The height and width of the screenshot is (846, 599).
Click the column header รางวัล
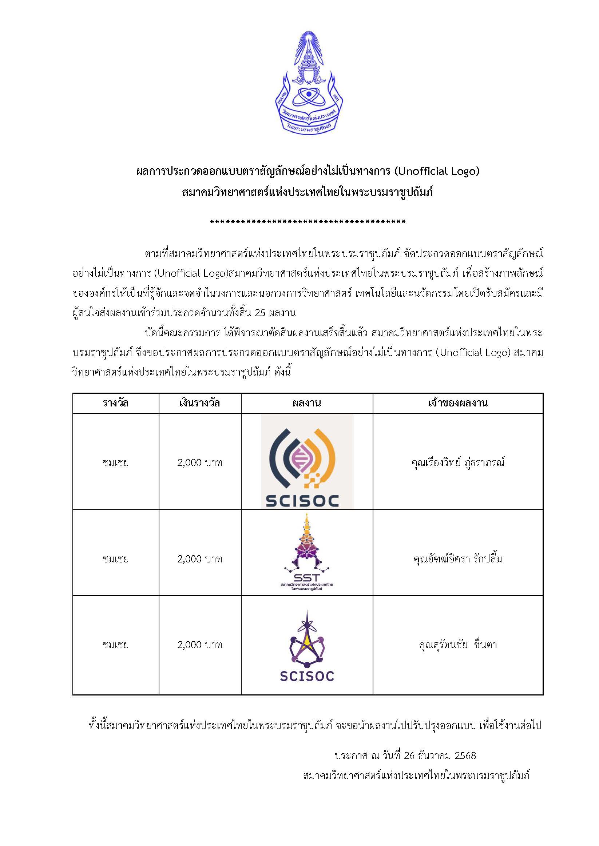click(x=115, y=403)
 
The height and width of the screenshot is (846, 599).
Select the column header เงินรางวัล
click(x=199, y=403)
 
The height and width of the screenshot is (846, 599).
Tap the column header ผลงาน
click(x=306, y=403)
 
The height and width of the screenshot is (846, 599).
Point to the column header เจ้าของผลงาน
click(x=458, y=403)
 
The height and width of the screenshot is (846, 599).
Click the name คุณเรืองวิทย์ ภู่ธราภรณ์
click(x=458, y=462)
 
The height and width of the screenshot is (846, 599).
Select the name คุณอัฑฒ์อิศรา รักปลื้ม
click(x=458, y=559)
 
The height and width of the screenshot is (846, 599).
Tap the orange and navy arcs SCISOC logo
click(x=307, y=462)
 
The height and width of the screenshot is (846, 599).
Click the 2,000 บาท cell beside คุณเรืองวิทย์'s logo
click(x=199, y=462)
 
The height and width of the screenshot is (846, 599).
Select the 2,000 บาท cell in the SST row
click(x=199, y=559)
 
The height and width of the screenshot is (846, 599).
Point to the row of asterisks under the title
click(x=308, y=222)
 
